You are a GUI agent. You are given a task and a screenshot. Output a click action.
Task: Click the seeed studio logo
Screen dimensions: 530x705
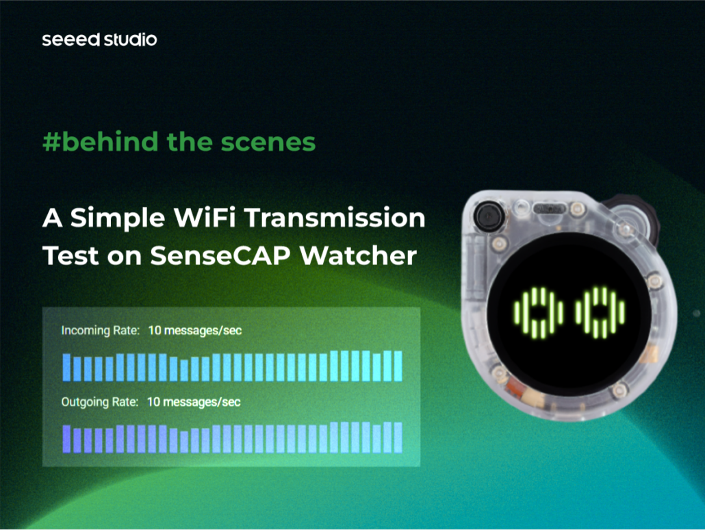[99, 40]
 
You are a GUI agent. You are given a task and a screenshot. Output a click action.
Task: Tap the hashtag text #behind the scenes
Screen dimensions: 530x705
[179, 142]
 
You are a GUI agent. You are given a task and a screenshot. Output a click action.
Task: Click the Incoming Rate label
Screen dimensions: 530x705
[100, 331]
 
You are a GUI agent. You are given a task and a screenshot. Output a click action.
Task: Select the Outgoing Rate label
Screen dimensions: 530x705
[100, 401]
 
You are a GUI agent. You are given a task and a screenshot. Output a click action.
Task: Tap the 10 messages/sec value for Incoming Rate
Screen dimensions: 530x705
[195, 331]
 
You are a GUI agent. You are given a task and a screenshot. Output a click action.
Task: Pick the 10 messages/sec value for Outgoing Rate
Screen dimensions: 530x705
[194, 401]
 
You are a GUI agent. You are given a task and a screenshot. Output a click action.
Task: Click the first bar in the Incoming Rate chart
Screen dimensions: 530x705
[66, 367]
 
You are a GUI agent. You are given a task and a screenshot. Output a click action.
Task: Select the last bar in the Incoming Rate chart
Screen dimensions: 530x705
[398, 366]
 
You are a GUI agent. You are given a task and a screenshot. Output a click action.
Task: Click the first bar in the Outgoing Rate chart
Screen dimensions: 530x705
[66, 438]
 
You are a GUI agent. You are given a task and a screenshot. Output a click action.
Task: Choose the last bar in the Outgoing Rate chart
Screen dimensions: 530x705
[398, 437]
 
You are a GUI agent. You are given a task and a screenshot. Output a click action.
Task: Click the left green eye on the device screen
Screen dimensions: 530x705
[539, 313]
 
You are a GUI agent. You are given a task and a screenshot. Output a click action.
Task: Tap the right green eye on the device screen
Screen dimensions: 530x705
[600, 313]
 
